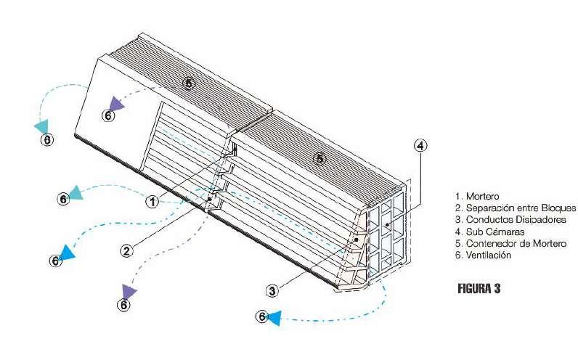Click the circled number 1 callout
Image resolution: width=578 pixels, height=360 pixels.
pos(152,201)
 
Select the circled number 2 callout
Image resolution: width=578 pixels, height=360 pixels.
pos(126,251)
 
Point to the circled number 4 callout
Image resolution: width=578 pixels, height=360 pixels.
pos(420,145)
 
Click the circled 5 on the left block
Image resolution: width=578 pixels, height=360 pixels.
pos(189,83)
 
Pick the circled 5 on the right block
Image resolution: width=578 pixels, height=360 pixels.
pos(320,157)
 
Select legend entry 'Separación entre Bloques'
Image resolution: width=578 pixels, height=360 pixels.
pos(508,208)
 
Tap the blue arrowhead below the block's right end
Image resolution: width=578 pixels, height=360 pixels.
pos(274,317)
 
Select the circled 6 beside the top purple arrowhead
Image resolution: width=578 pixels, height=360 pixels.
pos(108,115)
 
